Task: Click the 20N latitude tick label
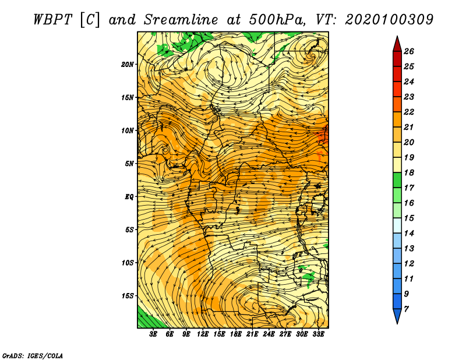tap(127, 65)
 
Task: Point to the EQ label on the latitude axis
tap(129, 197)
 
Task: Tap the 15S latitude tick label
tap(128, 296)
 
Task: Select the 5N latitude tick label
tap(129, 164)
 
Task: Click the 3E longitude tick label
tap(153, 334)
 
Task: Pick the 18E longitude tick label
tap(236, 334)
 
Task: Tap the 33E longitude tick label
tap(318, 334)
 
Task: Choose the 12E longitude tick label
tap(203, 334)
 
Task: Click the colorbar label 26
tap(409, 51)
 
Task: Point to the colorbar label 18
tap(409, 172)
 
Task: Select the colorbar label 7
tap(406, 309)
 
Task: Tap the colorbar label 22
tap(409, 112)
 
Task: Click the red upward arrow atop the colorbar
tap(397, 45)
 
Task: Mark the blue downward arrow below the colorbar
tap(397, 316)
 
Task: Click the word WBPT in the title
tap(52, 20)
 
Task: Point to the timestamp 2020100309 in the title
tap(389, 20)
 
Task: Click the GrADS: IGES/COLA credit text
tap(33, 355)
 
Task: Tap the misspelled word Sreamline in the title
tap(181, 20)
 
